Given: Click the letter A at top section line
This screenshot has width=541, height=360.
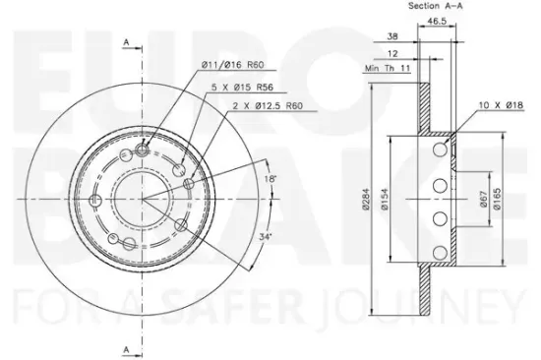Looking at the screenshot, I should tap(127, 41).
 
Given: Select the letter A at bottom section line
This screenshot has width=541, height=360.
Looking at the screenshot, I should tap(127, 349).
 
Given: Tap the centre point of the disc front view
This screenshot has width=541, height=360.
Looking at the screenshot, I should tap(143, 197).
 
